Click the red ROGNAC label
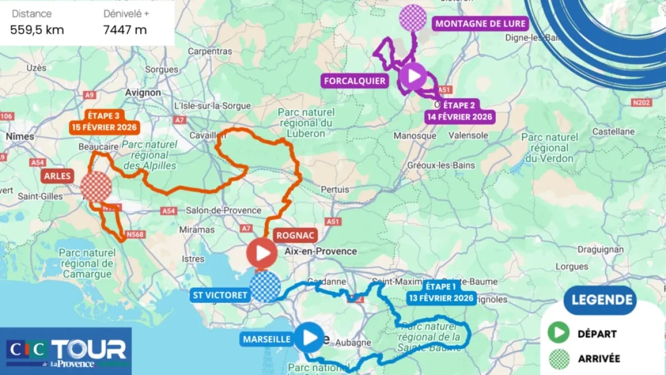(x=295, y=236)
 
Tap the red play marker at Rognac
(x=262, y=254)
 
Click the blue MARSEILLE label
(x=266, y=338)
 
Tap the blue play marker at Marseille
(x=309, y=337)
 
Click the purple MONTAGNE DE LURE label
(x=480, y=23)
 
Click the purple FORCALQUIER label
(x=355, y=81)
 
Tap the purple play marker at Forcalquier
(x=413, y=76)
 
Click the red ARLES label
(x=57, y=176)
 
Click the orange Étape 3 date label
(x=103, y=121)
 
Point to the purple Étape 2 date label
(x=460, y=111)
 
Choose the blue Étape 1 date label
(x=441, y=292)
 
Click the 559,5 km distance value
(x=37, y=30)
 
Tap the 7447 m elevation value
(x=125, y=30)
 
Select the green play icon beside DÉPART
(x=559, y=333)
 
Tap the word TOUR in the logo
(x=89, y=350)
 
